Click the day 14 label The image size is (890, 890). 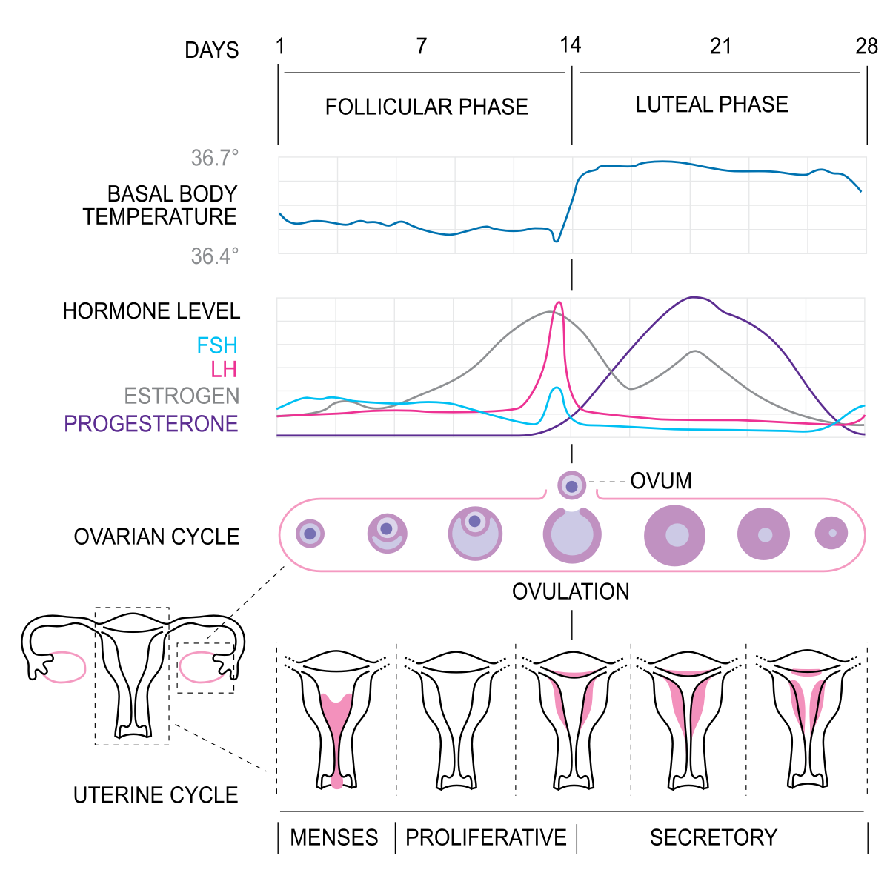[570, 45]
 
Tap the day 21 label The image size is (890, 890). [720, 46]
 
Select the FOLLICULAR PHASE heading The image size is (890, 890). [426, 107]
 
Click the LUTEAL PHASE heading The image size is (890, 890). [711, 104]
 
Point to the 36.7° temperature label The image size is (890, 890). [215, 158]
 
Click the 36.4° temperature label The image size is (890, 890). [215, 256]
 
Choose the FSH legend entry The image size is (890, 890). [217, 345]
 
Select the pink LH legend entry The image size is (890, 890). [224, 370]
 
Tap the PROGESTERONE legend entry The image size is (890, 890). [151, 424]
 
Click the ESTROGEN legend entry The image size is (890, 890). [182, 396]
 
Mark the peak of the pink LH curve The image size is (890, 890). [559, 302]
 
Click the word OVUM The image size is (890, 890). [661, 481]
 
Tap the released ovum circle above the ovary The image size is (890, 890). [572, 485]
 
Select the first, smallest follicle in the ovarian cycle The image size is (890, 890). [310, 534]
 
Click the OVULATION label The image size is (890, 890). [571, 591]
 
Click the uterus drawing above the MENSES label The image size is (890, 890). [336, 720]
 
